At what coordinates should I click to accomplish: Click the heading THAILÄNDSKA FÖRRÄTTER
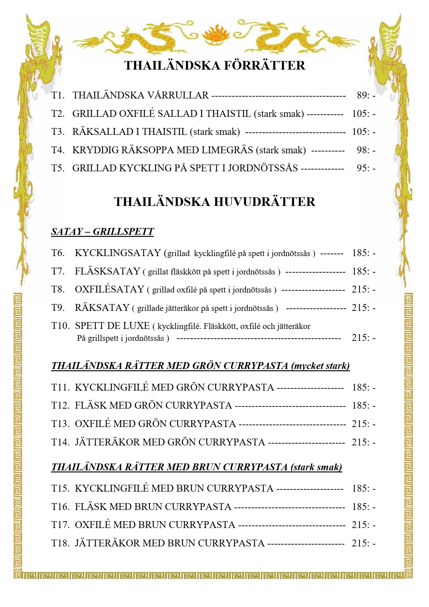[x=214, y=65]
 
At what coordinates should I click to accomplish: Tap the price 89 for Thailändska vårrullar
[x=362, y=95]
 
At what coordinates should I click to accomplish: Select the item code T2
[x=58, y=114]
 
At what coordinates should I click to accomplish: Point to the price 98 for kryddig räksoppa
[x=362, y=150]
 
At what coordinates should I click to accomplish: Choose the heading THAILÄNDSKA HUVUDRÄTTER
[x=214, y=201]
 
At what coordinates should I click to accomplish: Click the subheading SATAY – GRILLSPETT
[x=102, y=231]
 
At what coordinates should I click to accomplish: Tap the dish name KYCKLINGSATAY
[x=118, y=253]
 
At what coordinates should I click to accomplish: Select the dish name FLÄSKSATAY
[x=107, y=271]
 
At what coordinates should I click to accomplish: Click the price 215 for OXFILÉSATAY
[x=359, y=289]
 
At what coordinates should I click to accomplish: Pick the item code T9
[x=58, y=308]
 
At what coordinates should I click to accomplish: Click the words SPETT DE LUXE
[x=112, y=326]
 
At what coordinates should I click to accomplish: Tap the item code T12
[x=60, y=405]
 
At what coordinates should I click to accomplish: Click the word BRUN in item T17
[x=150, y=525]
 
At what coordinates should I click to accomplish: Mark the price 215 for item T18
[x=359, y=543]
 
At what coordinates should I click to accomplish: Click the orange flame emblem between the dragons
[x=214, y=35]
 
